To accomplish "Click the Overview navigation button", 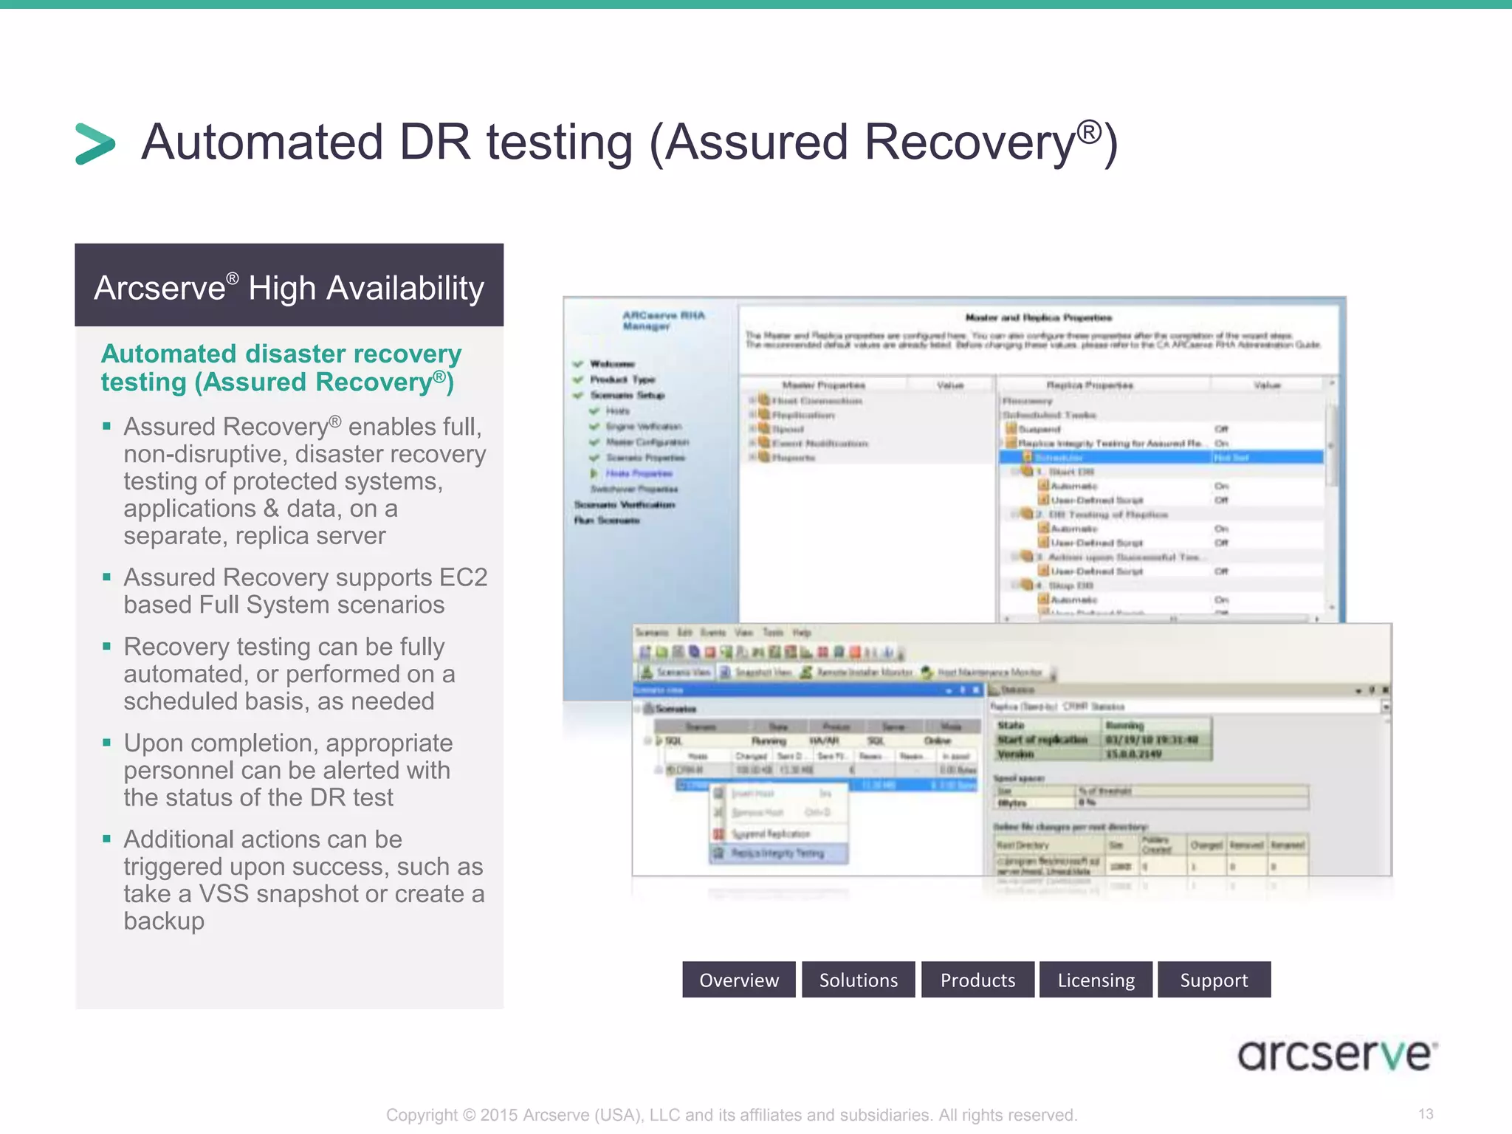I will (x=738, y=980).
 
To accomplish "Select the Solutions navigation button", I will (x=858, y=980).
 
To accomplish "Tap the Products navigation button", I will (x=977, y=980).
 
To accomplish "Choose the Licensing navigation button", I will (x=1096, y=980).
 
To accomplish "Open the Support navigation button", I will (x=1214, y=980).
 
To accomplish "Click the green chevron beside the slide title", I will (x=95, y=143).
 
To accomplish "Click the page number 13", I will (x=1426, y=1113).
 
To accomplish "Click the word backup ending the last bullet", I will (x=164, y=921).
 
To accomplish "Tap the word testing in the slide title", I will (x=559, y=142).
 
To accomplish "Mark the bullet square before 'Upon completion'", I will (x=107, y=743).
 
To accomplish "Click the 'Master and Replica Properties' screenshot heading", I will (x=1039, y=317).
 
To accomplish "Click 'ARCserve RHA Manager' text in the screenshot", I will (x=663, y=320).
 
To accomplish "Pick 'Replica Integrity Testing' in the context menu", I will (x=777, y=853).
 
